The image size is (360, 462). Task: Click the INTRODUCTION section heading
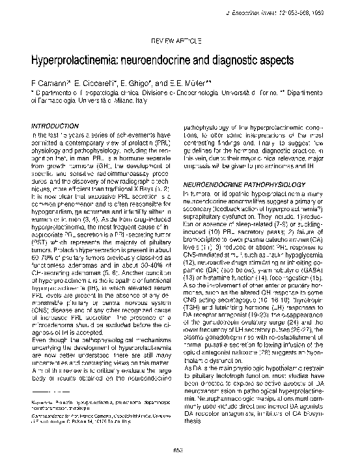(x=55, y=124)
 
